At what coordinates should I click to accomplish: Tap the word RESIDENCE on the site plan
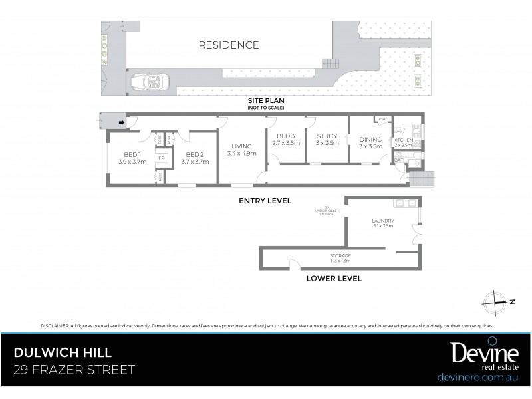229,45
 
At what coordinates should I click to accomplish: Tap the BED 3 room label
286,136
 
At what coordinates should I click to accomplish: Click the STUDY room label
327,136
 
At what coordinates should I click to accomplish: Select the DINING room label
370,139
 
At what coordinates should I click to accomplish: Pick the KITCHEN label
403,141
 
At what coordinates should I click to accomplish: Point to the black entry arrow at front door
122,122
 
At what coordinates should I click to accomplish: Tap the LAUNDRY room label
383,221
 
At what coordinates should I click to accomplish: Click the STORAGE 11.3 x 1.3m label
340,258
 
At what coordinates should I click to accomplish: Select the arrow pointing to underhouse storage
340,211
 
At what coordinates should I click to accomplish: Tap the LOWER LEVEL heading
334,279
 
